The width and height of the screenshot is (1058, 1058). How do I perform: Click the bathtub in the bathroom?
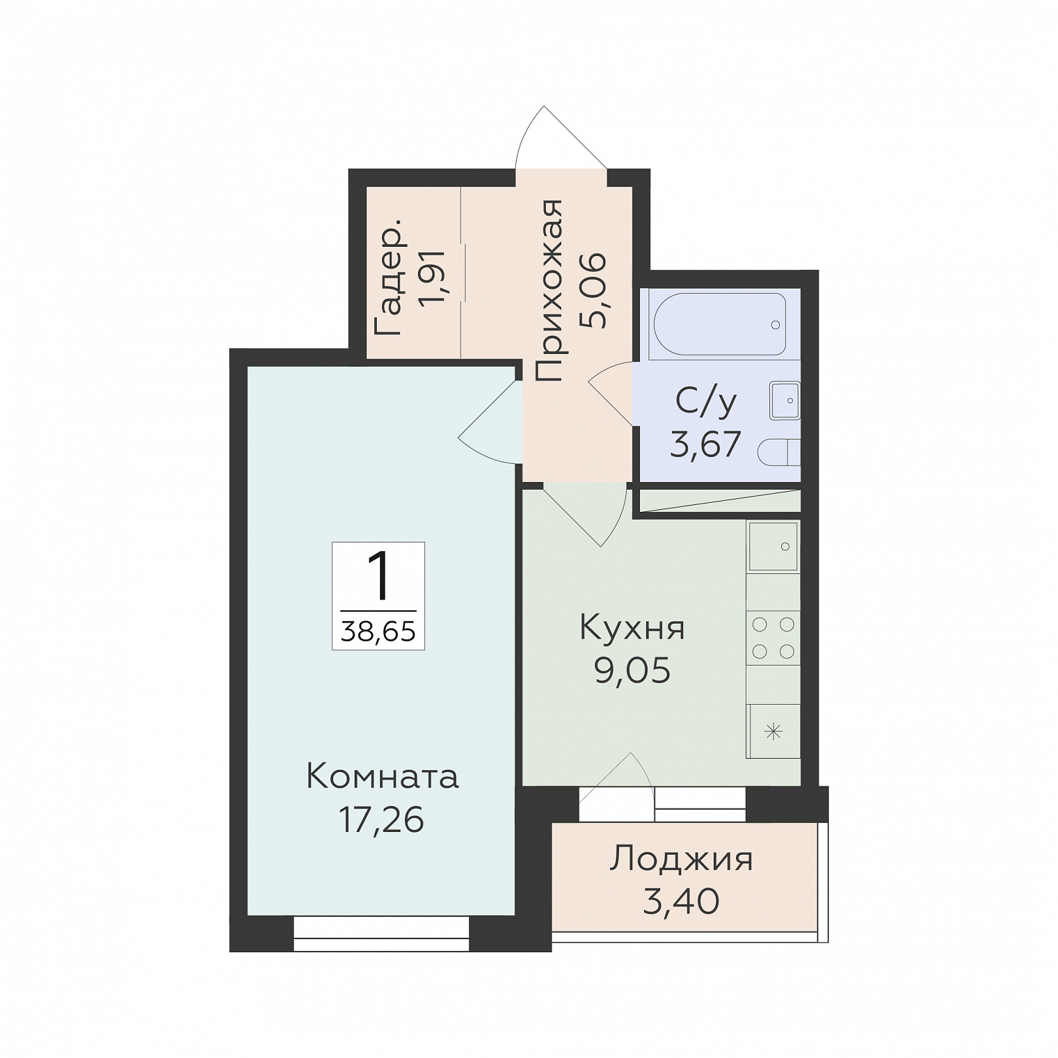[720, 324]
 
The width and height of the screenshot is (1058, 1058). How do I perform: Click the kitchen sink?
[773, 547]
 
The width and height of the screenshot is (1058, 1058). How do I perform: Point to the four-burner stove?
[773, 637]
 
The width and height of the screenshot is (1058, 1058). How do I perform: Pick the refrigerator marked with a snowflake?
[773, 731]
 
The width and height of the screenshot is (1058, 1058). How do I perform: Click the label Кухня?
[632, 628]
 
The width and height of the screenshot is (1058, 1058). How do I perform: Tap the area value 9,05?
[632, 670]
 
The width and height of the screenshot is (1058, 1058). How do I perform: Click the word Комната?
[382, 777]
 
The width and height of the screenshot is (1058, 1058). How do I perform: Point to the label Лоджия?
[681, 860]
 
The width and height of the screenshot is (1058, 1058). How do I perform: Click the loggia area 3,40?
[681, 901]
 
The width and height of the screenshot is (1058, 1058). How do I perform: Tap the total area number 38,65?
[378, 632]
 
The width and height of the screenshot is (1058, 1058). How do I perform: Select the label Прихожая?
[549, 291]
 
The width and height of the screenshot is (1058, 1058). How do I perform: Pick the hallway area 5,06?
[593, 291]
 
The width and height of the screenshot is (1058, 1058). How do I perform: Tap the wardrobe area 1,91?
[432, 277]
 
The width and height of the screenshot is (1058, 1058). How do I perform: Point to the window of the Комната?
[381, 933]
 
